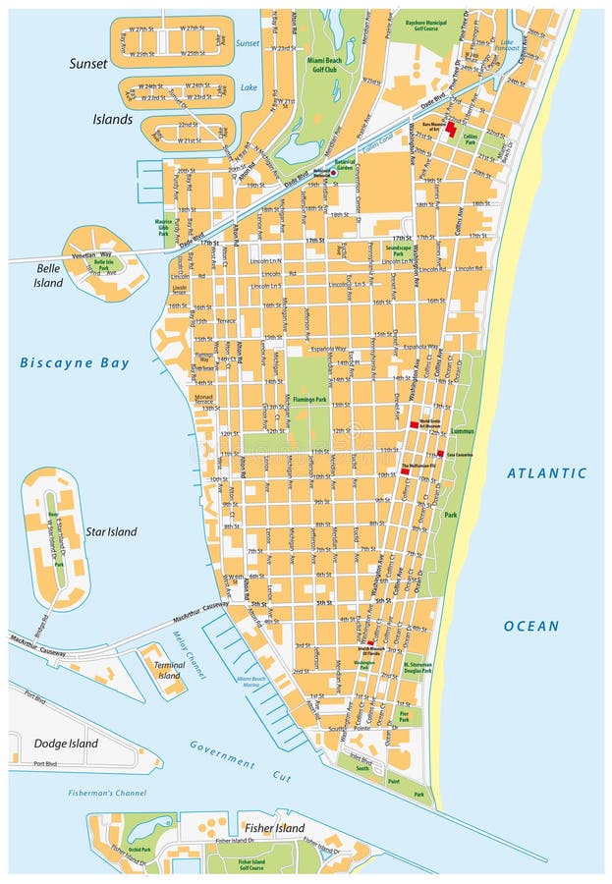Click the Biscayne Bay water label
click(75, 362)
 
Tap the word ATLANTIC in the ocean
click(546, 473)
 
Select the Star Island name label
click(111, 531)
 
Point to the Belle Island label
click(49, 275)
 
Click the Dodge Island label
click(66, 744)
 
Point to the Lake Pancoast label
click(507, 44)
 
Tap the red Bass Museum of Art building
click(451, 129)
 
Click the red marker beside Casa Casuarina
click(440, 455)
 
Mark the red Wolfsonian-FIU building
click(405, 472)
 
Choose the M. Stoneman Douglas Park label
click(417, 668)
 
